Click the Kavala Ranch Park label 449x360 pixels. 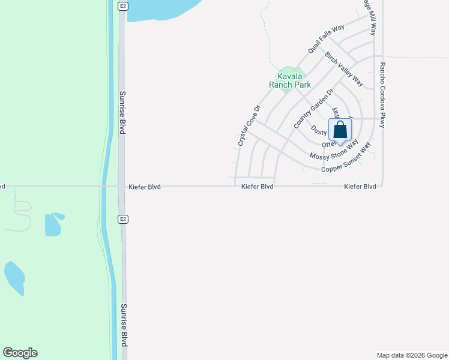(289, 80)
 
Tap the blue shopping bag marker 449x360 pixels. (340, 131)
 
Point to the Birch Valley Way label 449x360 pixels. (345, 68)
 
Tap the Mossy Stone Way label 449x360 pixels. (334, 151)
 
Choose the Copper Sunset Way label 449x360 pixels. (346, 158)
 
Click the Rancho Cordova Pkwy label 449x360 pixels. (382, 95)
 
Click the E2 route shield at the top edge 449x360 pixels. (122, 5)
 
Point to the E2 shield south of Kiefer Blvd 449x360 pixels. (122, 219)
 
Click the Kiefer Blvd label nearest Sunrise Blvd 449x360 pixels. (145, 187)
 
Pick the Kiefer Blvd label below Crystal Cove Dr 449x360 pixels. (258, 187)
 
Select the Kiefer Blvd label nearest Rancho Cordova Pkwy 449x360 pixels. (360, 187)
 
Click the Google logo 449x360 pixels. (20, 353)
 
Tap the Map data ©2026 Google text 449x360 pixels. (411, 355)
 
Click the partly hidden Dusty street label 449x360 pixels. (319, 131)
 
